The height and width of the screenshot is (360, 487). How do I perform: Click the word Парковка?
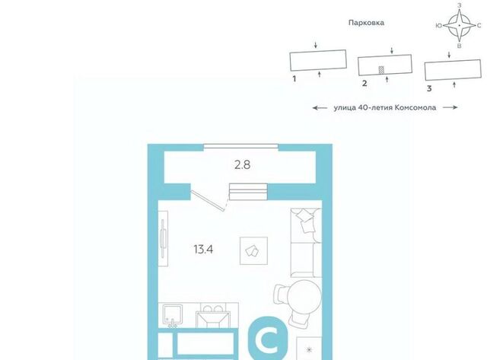click(x=366, y=23)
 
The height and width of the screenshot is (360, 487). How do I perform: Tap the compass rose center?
click(x=460, y=25)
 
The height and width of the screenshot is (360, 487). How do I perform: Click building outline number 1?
click(x=318, y=60)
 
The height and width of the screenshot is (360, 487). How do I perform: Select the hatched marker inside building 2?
click(x=381, y=70)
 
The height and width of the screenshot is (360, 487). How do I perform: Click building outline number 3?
click(x=454, y=70)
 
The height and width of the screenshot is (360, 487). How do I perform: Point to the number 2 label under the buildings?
click(x=364, y=83)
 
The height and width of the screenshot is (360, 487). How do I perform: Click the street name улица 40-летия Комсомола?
click(x=385, y=107)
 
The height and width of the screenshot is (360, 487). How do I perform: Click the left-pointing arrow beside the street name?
click(x=320, y=108)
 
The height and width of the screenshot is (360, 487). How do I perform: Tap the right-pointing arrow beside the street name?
click(x=450, y=107)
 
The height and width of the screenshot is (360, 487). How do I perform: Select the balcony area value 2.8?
click(x=242, y=164)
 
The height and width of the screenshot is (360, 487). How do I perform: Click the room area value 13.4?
click(x=203, y=249)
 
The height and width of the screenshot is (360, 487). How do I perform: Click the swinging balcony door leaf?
click(x=207, y=201)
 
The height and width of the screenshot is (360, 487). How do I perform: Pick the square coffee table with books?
click(x=253, y=250)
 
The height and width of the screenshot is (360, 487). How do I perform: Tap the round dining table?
click(x=304, y=297)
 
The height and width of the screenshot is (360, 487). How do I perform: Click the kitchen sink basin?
click(x=173, y=314)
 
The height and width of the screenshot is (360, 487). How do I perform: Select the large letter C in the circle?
click(x=269, y=340)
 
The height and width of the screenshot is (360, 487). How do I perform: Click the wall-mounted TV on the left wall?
click(x=163, y=238)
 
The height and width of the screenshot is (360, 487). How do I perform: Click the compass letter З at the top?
click(x=460, y=5)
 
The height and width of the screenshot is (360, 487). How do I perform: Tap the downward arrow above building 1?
click(x=316, y=45)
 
